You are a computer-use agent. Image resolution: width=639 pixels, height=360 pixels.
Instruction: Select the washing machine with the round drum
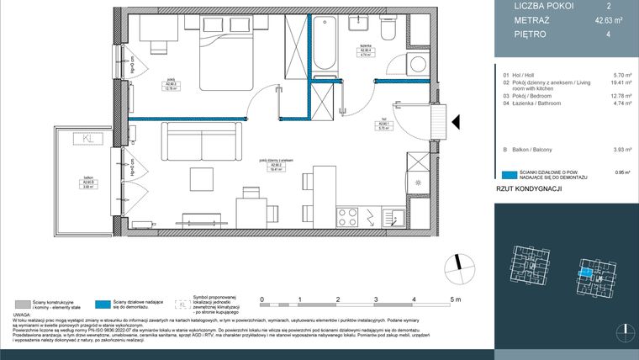[417, 66]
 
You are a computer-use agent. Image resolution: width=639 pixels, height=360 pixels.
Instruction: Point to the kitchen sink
[393, 218]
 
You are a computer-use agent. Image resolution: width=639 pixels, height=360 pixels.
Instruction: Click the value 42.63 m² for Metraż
[602, 19]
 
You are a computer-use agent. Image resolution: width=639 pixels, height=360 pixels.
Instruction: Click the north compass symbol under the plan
[456, 263]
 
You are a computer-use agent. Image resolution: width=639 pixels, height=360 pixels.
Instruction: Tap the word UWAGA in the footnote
[24, 315]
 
